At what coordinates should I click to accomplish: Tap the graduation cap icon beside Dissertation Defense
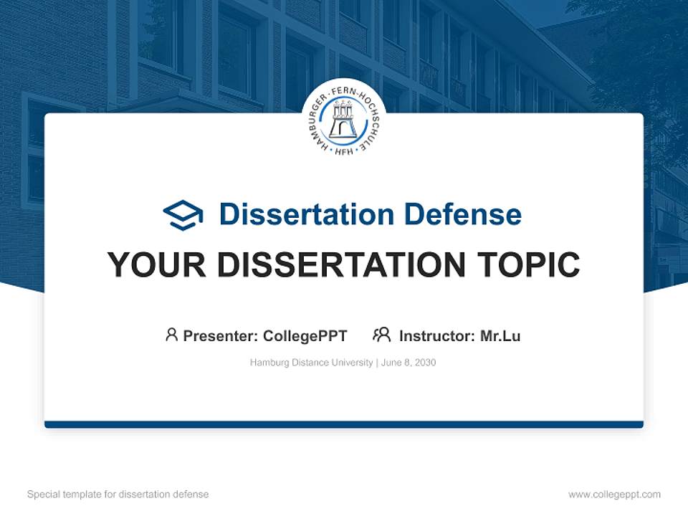[183, 214]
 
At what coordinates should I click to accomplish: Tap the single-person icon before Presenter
[171, 335]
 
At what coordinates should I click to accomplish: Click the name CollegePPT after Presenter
[305, 335]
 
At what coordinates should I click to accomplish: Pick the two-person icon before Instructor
[381, 335]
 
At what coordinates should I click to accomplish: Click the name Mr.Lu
[500, 335]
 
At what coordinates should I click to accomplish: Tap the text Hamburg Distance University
[311, 363]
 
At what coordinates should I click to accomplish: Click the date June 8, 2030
[408, 363]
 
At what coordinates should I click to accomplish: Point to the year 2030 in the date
[425, 363]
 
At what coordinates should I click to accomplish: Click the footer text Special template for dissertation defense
[118, 494]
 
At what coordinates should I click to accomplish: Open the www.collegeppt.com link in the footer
[614, 494]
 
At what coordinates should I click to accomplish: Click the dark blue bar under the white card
[344, 424]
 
